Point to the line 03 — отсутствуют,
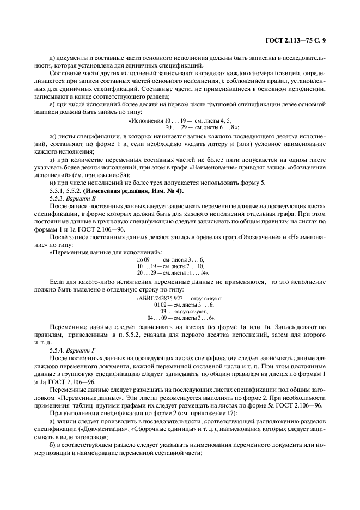[x=179, y=311]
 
